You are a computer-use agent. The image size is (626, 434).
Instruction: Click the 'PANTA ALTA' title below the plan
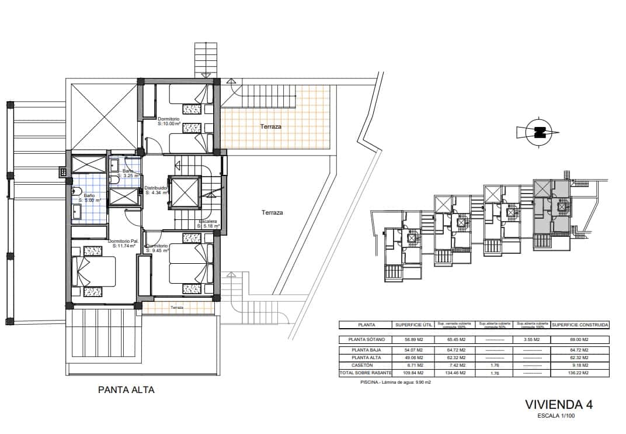click(126, 390)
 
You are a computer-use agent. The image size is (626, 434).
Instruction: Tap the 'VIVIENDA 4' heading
click(559, 405)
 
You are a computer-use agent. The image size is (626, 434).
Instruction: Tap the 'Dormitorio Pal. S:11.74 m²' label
click(123, 243)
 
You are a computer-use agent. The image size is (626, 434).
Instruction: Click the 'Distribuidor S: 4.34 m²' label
click(156, 190)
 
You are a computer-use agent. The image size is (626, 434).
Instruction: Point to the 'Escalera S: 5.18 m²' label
click(209, 225)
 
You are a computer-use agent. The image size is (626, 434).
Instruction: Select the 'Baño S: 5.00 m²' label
click(89, 198)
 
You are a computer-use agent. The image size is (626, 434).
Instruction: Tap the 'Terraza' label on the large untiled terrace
click(272, 213)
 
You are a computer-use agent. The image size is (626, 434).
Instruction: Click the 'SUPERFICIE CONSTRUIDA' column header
click(580, 325)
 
